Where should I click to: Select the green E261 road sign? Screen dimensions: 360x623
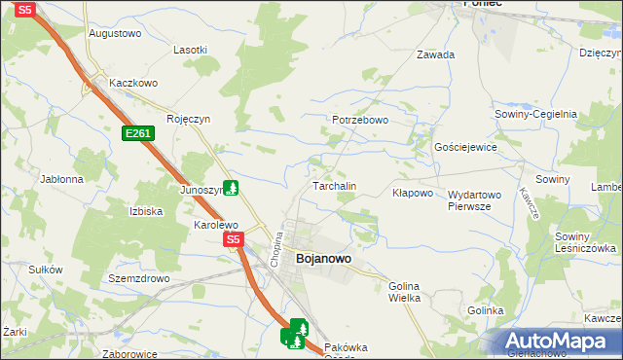tap(137, 133)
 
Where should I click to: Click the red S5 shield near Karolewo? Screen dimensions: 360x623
tap(232, 238)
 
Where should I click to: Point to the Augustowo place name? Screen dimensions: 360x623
tap(115, 32)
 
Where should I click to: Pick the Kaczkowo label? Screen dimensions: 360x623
tap(133, 83)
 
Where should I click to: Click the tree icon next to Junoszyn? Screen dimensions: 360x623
tap(231, 187)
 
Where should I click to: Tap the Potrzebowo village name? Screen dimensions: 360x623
tap(360, 120)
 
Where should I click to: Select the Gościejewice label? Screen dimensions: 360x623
tap(466, 147)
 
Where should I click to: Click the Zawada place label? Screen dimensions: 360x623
tap(435, 54)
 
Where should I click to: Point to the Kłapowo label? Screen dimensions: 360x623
tap(412, 193)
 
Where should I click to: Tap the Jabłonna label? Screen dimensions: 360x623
tap(62, 179)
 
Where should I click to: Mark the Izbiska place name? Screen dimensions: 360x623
tap(145, 210)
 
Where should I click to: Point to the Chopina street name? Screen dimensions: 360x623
tap(276, 248)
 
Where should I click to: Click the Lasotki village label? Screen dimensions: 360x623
tap(190, 49)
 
